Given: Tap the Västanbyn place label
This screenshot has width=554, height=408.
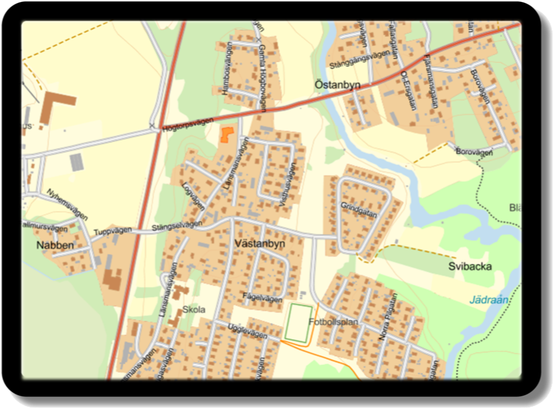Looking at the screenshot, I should [x=258, y=242].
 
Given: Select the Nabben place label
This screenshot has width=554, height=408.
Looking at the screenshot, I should [x=55, y=245].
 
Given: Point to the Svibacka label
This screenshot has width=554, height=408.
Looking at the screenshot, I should [x=470, y=266].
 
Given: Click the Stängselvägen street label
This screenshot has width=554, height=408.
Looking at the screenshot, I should [x=176, y=226].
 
